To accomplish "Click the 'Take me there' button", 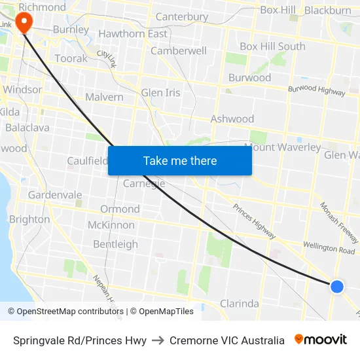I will tap(179, 160).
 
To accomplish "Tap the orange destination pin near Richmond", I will tap(24, 24).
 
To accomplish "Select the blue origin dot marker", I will tap(337, 286).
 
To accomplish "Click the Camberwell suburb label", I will tap(179, 50).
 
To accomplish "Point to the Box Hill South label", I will tap(272, 46).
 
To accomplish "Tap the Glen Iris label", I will tap(160, 92).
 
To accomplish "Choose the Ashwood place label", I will tap(232, 118).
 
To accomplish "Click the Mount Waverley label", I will tap(283, 147).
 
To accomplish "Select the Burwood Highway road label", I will tap(317, 90).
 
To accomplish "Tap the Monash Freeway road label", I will tap(339, 223).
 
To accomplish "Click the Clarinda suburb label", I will tap(239, 304).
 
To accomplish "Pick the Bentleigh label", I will tap(115, 244).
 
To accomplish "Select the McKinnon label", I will tap(111, 225).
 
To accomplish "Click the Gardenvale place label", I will tap(55, 194).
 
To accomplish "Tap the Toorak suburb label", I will tap(71, 58).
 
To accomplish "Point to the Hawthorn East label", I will tap(133, 33).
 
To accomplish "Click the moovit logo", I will tap(321, 340).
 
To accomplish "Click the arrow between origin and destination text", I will tap(158, 340).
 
